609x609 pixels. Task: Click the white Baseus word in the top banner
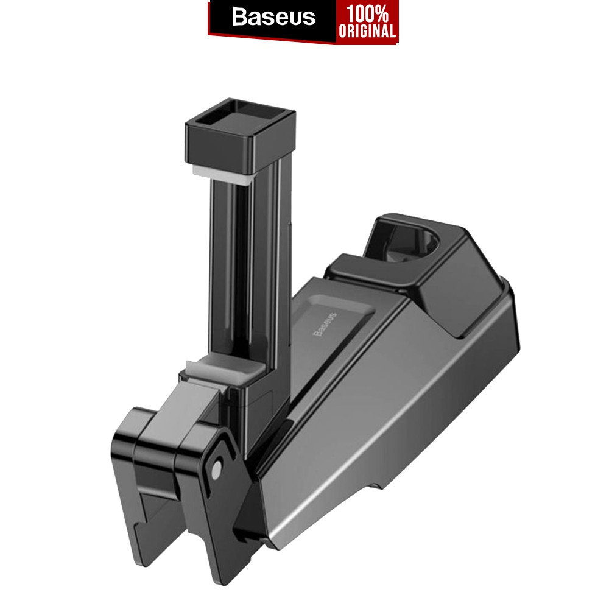pyautogui.click(x=273, y=17)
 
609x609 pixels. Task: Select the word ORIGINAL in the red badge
pyautogui.click(x=367, y=31)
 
